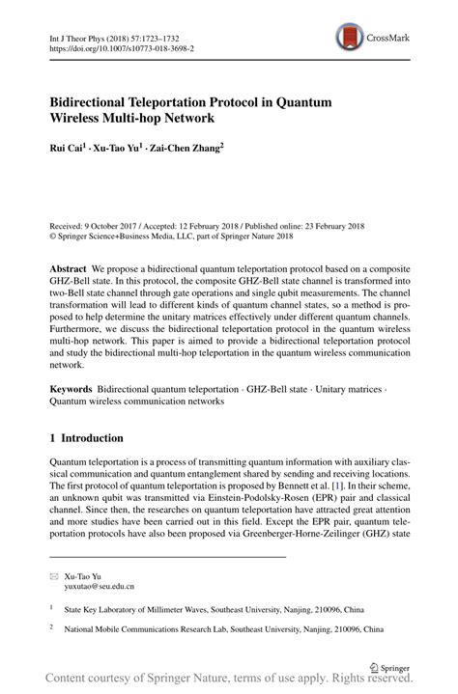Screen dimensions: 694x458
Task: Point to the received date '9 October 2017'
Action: click(x=115, y=221)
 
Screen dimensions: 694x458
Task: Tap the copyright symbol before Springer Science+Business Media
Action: click(x=53, y=233)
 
